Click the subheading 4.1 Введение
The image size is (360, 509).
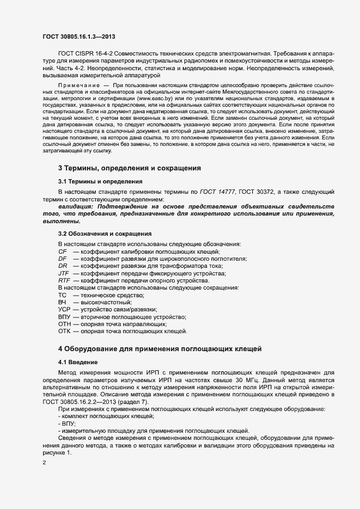point(78,361)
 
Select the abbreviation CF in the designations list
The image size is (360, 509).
point(62,252)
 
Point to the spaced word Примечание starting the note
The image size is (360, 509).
point(79,86)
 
